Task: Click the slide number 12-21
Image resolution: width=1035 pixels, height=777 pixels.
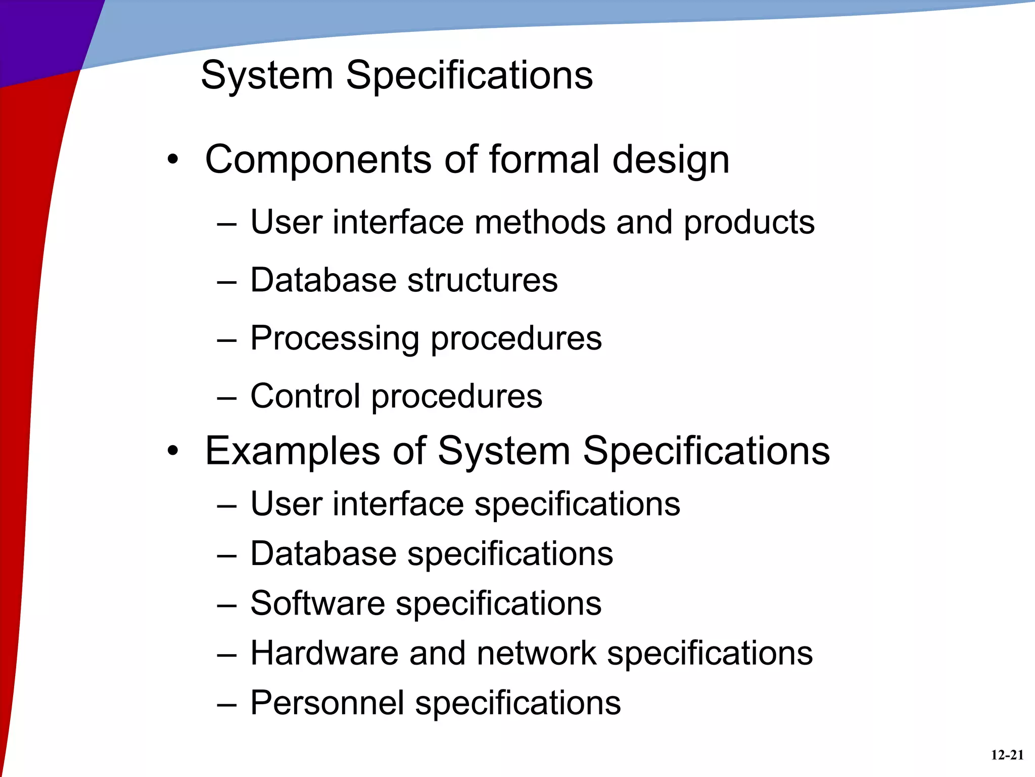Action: point(1007,755)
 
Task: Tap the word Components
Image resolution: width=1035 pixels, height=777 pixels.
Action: point(318,160)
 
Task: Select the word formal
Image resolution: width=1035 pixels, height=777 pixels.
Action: point(545,160)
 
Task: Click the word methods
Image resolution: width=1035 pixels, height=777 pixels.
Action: point(540,222)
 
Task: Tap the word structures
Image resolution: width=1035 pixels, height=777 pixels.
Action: point(482,280)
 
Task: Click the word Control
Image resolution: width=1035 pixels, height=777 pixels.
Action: point(305,396)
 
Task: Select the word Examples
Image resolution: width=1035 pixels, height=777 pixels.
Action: point(292,451)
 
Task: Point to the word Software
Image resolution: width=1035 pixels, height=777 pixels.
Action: point(317,603)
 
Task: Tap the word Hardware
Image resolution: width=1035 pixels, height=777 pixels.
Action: point(324,653)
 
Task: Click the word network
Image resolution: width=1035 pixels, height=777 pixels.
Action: point(536,653)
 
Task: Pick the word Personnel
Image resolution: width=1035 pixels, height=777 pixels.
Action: point(327,703)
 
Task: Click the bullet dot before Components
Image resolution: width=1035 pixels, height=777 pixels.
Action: point(173,160)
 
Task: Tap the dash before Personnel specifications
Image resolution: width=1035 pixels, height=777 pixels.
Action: point(226,704)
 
